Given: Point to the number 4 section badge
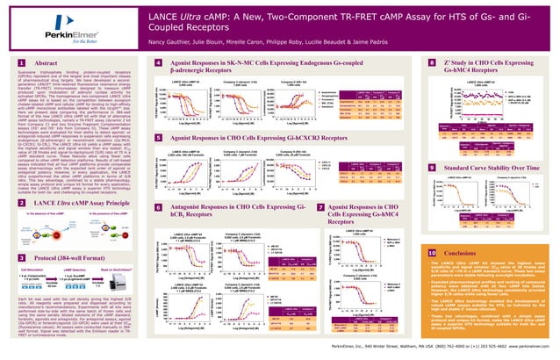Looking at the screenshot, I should [x=157, y=63].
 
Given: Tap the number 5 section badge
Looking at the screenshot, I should [x=157, y=139].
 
